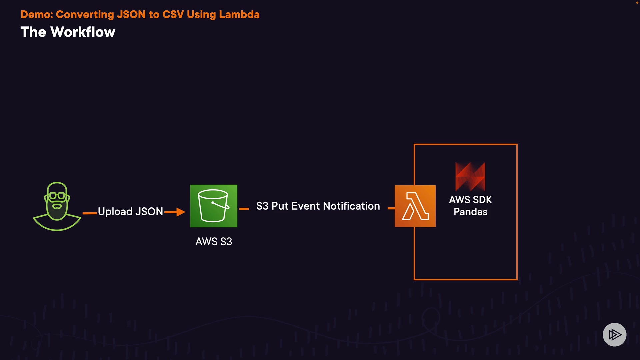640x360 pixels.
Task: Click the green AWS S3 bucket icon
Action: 214,206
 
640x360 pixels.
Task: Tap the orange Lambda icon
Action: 415,206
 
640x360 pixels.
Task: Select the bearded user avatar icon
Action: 57,207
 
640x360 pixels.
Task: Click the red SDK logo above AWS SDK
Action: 470,176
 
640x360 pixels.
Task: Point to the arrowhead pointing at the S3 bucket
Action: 181,212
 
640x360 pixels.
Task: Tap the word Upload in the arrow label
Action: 115,212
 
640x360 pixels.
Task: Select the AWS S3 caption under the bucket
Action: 214,242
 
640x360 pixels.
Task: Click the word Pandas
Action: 470,212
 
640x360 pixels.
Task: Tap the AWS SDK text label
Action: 470,200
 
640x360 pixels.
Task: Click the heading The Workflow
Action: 68,32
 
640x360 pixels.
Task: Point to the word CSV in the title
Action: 173,14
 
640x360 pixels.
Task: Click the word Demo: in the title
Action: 37,14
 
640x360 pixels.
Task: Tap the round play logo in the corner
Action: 614,334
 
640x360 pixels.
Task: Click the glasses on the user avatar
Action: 57,195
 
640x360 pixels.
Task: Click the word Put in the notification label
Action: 280,206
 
